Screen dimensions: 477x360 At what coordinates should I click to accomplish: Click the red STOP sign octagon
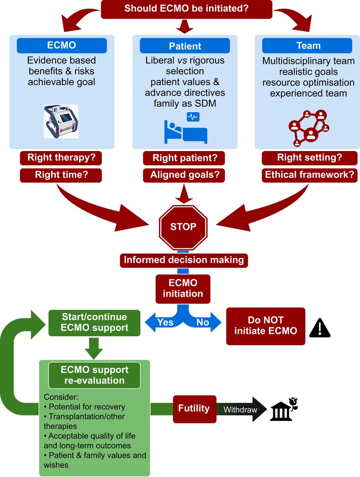point(183,227)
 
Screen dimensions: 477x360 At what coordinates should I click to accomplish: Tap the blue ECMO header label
point(61,46)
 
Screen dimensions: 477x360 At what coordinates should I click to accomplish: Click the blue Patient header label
point(185,46)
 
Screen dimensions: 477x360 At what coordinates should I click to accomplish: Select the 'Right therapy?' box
point(61,158)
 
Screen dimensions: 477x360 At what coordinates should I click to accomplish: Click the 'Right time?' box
point(61,175)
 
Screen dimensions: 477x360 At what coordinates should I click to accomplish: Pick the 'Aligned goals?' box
point(184,175)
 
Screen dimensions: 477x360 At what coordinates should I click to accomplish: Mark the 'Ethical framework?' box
point(310,175)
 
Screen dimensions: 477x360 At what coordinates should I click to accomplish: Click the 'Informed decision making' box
point(184,260)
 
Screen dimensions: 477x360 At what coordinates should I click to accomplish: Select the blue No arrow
point(204,322)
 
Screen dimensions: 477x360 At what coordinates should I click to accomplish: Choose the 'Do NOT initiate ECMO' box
point(265,326)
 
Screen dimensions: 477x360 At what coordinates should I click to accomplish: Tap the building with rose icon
point(283,409)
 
